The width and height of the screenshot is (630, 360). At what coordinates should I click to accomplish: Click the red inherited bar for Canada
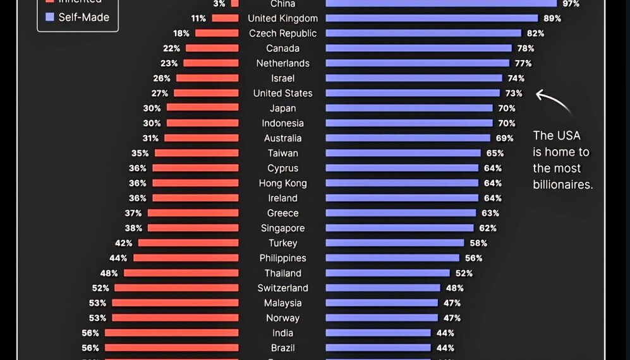pos(212,48)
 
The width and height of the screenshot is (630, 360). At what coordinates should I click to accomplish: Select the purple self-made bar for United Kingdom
pos(432,18)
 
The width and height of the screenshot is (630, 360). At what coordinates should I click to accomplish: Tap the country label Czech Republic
pos(282,33)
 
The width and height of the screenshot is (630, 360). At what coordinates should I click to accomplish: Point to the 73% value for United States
pos(513,93)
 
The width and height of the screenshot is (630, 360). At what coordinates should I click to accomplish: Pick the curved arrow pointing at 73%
pos(554,102)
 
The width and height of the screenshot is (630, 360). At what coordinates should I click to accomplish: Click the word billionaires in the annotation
pos(562,185)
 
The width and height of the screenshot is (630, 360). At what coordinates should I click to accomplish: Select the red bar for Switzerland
pos(176,288)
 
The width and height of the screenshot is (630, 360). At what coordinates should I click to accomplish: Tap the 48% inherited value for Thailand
pos(109,273)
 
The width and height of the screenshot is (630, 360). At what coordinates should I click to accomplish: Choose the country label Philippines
pos(282,258)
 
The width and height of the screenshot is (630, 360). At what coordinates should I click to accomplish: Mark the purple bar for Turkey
pos(395,243)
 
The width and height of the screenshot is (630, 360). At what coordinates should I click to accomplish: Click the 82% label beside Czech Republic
pos(535,33)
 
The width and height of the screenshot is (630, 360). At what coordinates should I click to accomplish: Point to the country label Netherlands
pos(282,63)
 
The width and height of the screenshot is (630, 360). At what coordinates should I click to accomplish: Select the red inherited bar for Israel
pos(207,78)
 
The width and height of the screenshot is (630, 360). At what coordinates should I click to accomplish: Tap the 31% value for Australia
pos(152,138)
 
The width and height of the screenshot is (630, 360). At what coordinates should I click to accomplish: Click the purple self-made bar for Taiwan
pos(403,153)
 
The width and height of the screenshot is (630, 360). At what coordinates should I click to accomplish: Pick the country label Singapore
pos(282,228)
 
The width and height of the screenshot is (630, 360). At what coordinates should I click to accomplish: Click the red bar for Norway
pos(175,318)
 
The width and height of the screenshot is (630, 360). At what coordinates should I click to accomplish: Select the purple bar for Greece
pos(401,213)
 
